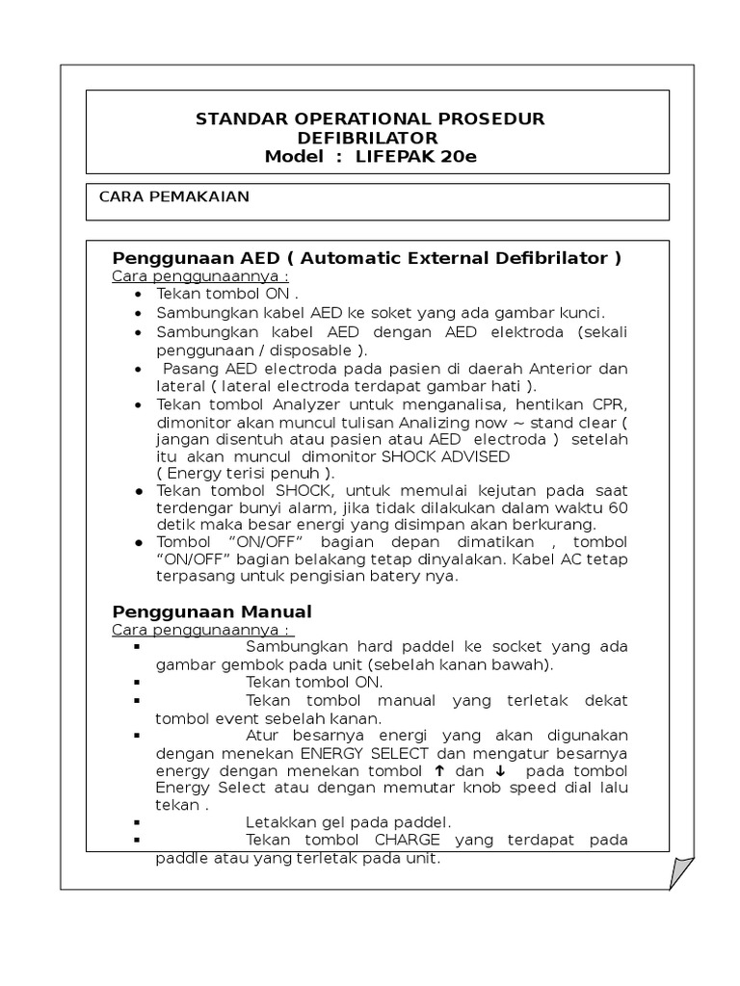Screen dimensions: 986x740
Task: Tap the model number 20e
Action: [458, 157]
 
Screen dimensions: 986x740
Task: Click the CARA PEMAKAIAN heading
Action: [173, 196]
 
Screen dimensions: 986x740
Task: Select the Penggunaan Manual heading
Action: [212, 611]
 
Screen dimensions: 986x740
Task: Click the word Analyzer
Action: [306, 404]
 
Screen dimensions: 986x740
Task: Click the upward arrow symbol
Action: [439, 770]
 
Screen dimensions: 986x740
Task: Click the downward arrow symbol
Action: [501, 770]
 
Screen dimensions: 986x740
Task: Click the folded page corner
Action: [681, 872]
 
